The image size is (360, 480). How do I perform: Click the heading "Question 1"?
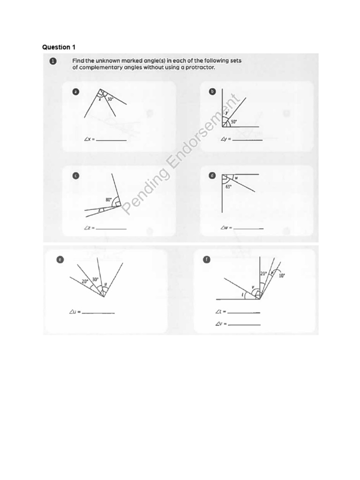[59, 47]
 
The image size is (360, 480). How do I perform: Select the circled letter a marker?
[75, 92]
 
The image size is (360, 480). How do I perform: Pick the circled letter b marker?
[212, 92]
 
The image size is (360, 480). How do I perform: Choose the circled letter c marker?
[75, 176]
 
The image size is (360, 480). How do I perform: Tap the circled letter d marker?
[212, 176]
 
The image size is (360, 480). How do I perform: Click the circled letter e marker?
[60, 259]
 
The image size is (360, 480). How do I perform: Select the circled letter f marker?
[207, 259]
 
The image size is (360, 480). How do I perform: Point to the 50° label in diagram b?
[233, 121]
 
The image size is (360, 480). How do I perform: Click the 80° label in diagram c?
[109, 200]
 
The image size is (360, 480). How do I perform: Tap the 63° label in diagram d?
[228, 187]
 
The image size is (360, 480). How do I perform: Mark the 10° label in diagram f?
[282, 276]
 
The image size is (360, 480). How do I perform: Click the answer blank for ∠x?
[112, 140]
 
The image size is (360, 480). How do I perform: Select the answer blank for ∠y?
[247, 140]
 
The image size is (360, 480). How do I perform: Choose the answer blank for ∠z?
[112, 228]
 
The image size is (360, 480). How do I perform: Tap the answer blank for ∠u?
[98, 313]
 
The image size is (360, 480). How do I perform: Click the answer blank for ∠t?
[244, 312]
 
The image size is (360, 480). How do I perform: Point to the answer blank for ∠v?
[244, 324]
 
